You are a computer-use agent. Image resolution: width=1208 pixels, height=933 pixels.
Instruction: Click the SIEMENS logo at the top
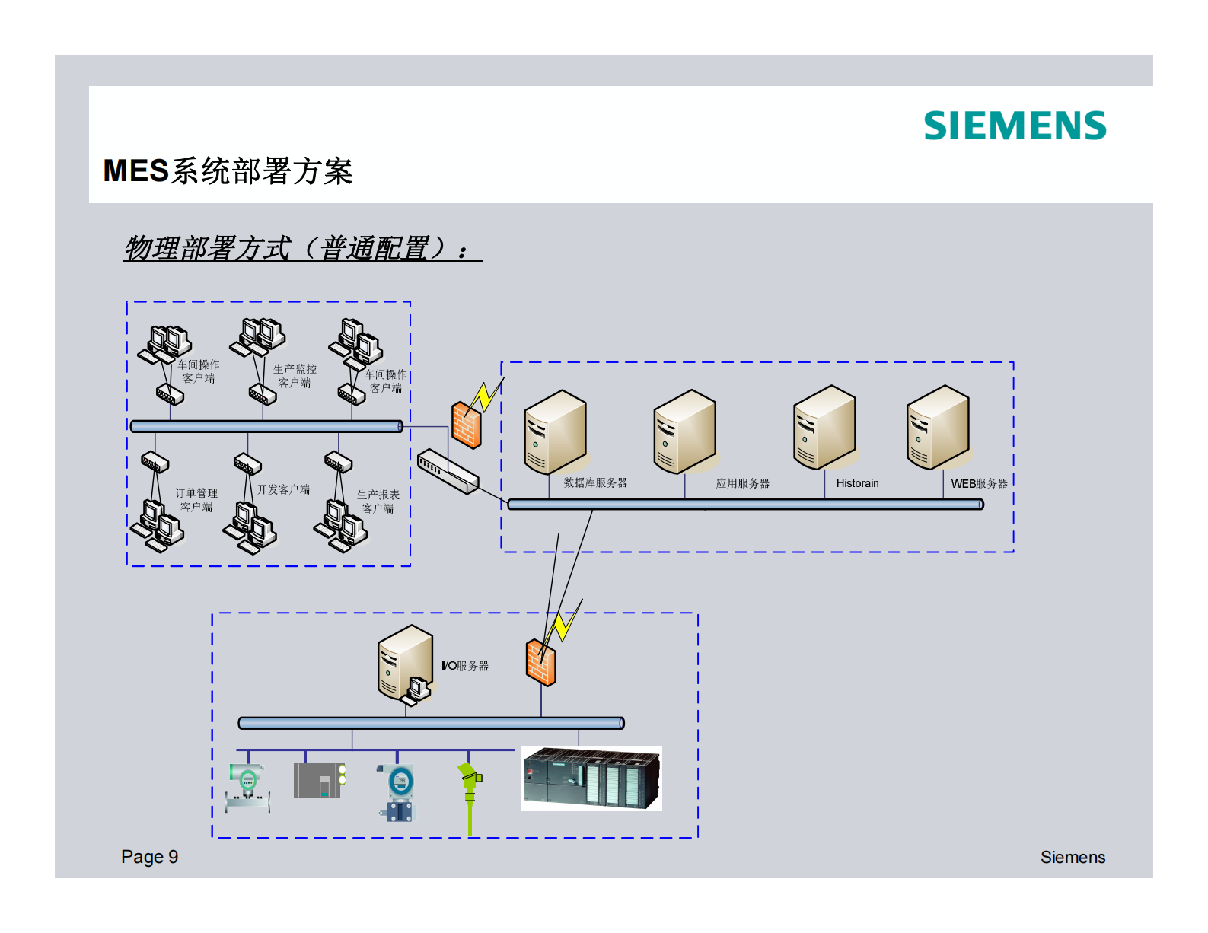[x=1015, y=126]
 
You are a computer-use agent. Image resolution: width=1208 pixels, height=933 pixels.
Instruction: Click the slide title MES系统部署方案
[x=228, y=171]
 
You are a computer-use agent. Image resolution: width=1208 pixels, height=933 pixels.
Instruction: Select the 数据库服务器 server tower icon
[x=555, y=431]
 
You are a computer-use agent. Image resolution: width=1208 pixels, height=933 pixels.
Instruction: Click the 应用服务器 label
[x=742, y=483]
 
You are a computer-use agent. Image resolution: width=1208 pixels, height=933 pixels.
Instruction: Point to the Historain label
[x=857, y=483]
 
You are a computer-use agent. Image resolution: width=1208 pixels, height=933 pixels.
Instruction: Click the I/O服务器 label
[x=465, y=666]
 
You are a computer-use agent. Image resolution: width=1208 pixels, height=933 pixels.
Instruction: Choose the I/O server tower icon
[x=406, y=663]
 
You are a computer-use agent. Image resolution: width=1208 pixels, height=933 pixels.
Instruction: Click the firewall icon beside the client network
[x=466, y=424]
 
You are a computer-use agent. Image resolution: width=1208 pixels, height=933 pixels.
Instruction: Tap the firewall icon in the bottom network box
[x=540, y=662]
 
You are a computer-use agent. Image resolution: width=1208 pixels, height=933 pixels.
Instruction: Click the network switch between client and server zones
[x=448, y=471]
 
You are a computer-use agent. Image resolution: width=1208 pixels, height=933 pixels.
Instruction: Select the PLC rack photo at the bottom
[x=591, y=778]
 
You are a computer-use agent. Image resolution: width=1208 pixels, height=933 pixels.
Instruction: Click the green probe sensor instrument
[x=470, y=795]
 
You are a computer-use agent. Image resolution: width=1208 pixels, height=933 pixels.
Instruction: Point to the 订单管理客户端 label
[x=196, y=500]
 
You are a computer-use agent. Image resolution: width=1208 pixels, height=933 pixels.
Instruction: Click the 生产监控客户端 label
[x=295, y=376]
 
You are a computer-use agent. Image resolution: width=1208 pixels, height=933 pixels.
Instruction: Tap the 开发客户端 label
[x=283, y=489]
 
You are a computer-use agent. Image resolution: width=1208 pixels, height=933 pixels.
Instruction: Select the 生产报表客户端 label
[x=378, y=502]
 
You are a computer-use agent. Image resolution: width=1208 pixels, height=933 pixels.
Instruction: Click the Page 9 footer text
[x=149, y=857]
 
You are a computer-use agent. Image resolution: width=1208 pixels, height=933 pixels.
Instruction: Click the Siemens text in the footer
[x=1073, y=858]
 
